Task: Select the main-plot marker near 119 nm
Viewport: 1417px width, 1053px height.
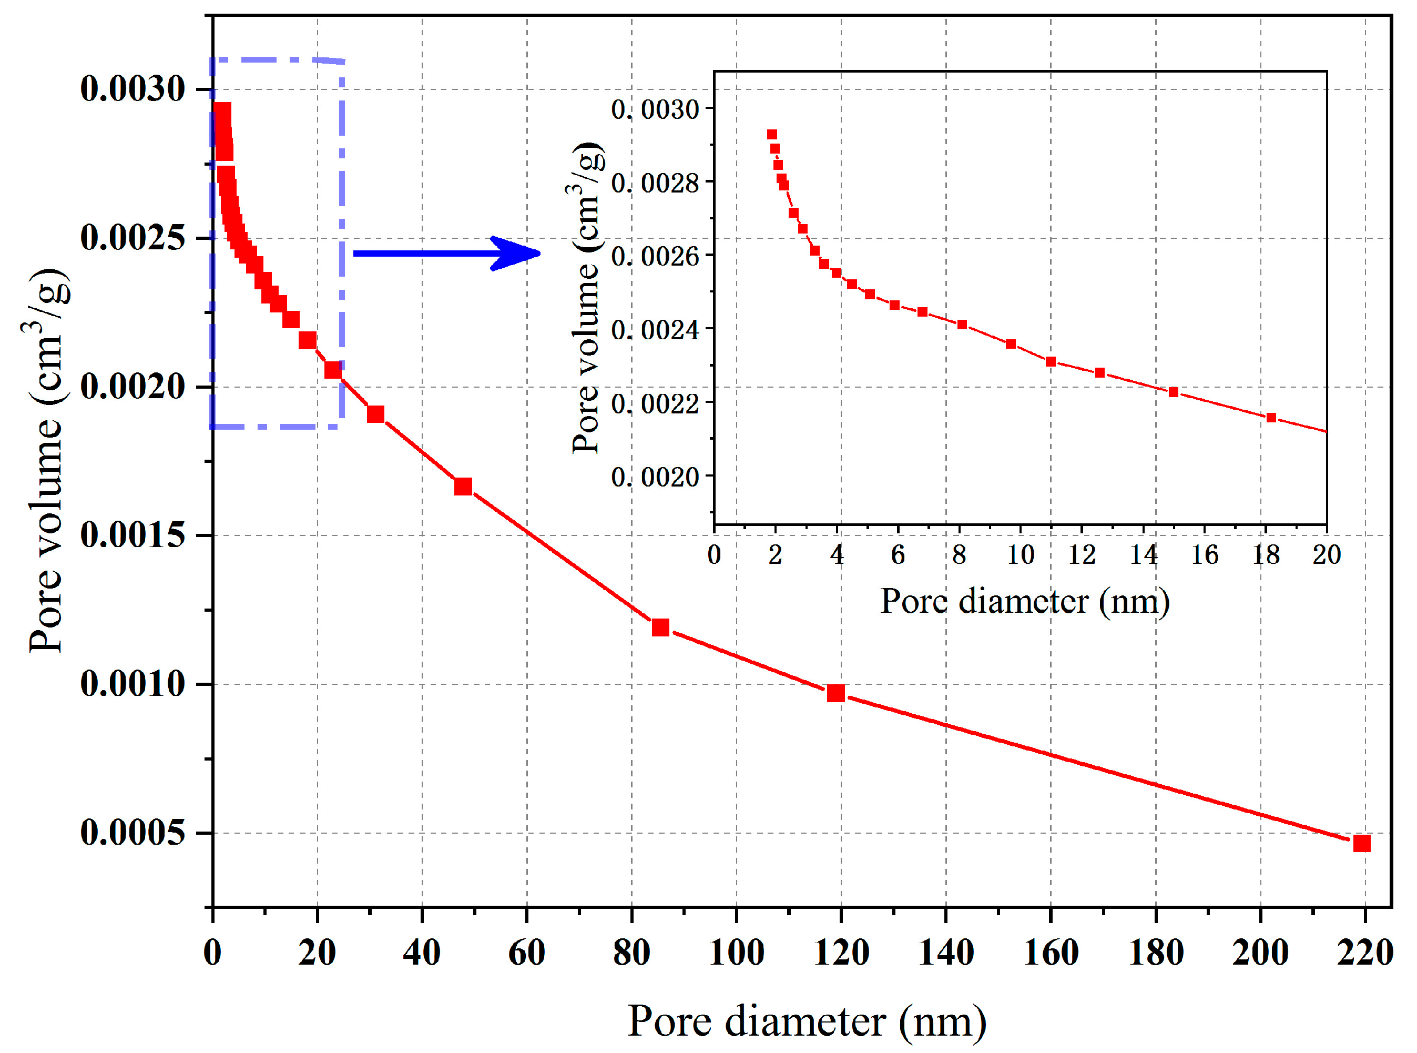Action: click(836, 693)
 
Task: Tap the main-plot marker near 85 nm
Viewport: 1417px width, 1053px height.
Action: click(660, 627)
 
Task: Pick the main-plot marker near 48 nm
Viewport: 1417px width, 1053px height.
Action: click(463, 487)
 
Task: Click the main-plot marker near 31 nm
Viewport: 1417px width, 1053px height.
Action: click(376, 414)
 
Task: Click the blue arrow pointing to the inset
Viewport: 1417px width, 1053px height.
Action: click(446, 254)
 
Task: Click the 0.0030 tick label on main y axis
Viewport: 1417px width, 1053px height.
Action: click(132, 88)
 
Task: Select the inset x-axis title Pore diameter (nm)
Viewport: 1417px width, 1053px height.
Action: click(1025, 601)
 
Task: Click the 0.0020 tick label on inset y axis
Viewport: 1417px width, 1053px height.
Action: click(655, 477)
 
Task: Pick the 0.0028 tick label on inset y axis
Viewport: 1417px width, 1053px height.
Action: click(655, 184)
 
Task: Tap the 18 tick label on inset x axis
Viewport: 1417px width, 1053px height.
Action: click(1266, 554)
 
